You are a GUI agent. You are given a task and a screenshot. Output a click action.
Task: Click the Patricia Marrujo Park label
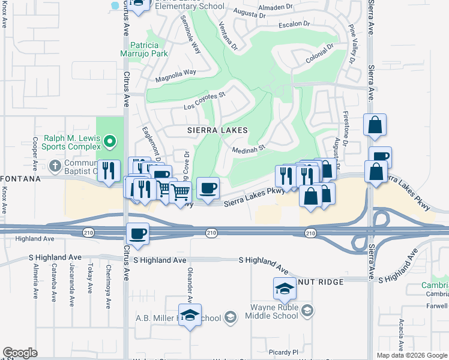[x=144, y=50]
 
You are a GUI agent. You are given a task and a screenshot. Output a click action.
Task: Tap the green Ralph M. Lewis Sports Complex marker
[x=109, y=142]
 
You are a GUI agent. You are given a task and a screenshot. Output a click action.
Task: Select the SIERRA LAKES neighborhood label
[x=217, y=130]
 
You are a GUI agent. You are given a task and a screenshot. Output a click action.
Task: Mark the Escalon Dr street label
[x=294, y=25]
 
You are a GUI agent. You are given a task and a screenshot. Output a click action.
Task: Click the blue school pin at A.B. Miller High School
[x=190, y=316]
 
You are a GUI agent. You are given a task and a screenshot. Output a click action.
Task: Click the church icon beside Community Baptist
[x=55, y=165]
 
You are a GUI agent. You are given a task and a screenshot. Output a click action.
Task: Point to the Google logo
[x=20, y=352]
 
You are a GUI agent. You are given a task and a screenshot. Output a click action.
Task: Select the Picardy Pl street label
[x=285, y=352]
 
